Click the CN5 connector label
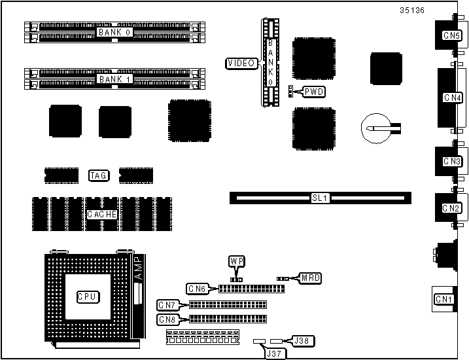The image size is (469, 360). (x=451, y=35)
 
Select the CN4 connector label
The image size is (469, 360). (x=452, y=98)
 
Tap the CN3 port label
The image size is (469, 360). (x=452, y=161)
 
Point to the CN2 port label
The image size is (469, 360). (x=451, y=208)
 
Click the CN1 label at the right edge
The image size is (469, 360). (x=444, y=300)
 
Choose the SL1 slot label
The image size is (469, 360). (x=320, y=197)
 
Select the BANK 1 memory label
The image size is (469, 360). (x=115, y=79)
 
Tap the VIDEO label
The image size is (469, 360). (x=241, y=63)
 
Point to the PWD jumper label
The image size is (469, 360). (x=313, y=92)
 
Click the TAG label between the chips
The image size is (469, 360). (x=98, y=175)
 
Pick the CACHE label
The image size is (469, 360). (x=102, y=214)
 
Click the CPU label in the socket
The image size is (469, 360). (x=86, y=297)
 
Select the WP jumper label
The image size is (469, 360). (x=236, y=261)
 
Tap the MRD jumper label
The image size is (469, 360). (x=311, y=278)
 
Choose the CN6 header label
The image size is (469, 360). (x=197, y=289)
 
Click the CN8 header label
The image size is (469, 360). (x=167, y=319)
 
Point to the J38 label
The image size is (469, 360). (x=302, y=340)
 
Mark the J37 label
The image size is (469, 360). (x=274, y=353)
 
